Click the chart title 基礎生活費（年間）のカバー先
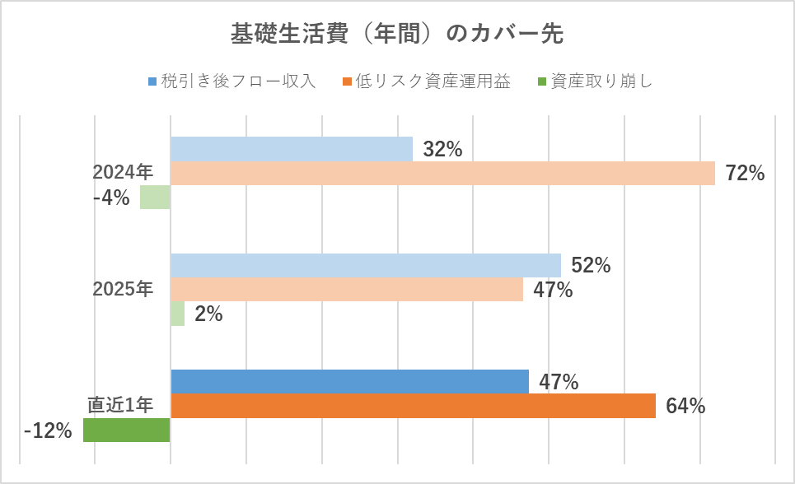point(397,34)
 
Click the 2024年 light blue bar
point(291,149)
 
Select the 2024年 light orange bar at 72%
point(442,173)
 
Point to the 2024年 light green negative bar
point(155,198)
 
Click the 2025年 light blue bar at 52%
point(365,266)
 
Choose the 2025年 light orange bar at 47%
point(346,290)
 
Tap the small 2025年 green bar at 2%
point(177,314)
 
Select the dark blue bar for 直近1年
point(349,382)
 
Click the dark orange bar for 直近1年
point(413,406)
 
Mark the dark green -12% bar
point(127,430)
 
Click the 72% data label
point(745,174)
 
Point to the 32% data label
point(442,150)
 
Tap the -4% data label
point(111,198)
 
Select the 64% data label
point(685,407)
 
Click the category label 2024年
point(123,172)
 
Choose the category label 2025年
point(123,289)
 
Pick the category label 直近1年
point(121,405)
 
